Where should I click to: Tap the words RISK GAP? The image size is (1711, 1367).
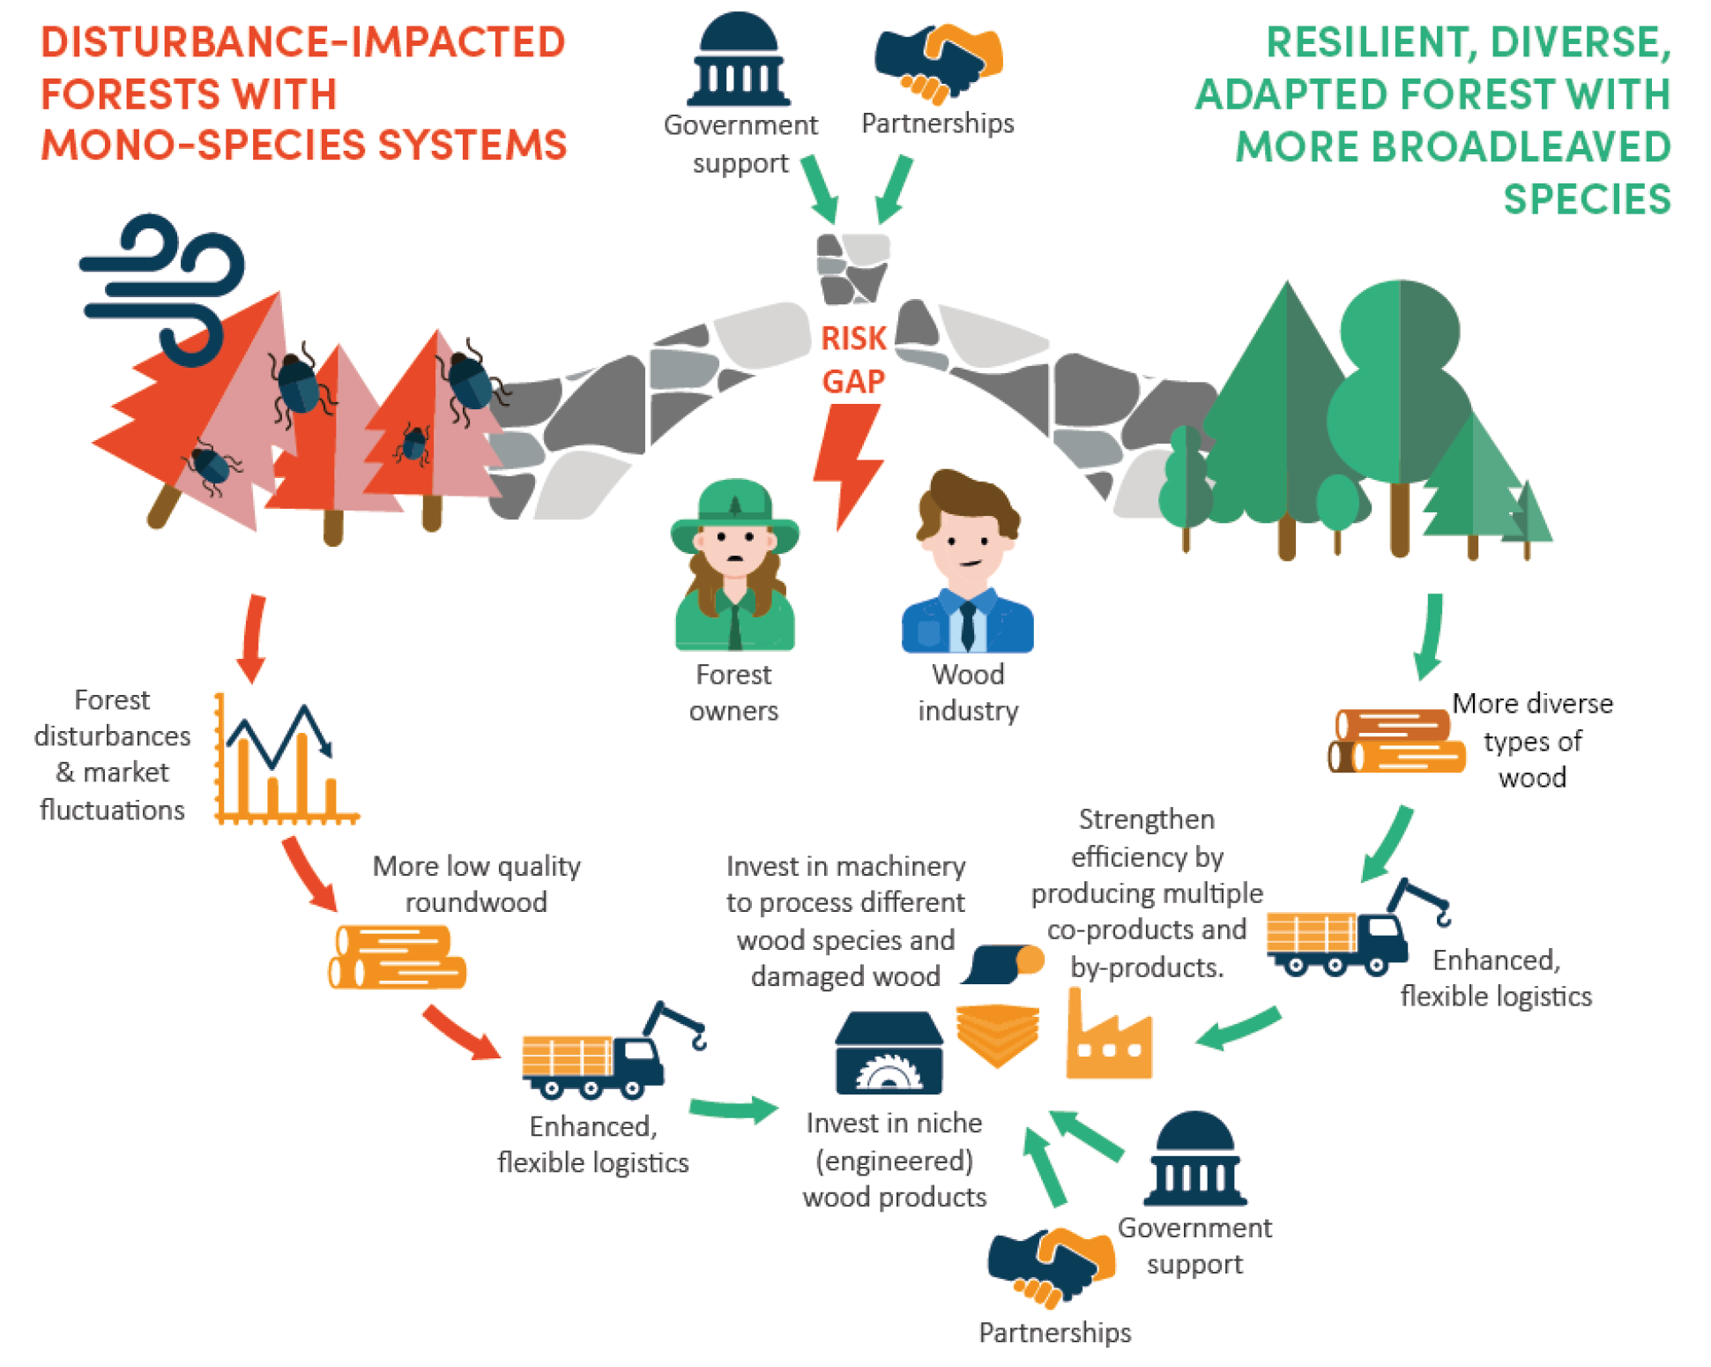pyautogui.click(x=852, y=360)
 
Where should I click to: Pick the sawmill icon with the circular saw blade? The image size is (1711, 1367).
pyautogui.click(x=889, y=1053)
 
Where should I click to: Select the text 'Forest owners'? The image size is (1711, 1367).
pyautogui.click(x=733, y=692)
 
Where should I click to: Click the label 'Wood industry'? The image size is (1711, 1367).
pyautogui.click(x=968, y=692)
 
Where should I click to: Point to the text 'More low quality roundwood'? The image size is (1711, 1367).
pyautogui.click(x=476, y=884)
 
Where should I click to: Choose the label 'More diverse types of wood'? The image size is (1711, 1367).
pyautogui.click(x=1532, y=740)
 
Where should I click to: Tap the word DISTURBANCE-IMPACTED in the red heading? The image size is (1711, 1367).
pyautogui.click(x=303, y=42)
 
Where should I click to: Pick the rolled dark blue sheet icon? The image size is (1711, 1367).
pyautogui.click(x=1002, y=963)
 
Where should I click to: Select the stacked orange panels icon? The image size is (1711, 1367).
pyautogui.click(x=997, y=1032)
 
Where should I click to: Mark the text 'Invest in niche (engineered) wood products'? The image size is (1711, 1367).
pyautogui.click(x=894, y=1160)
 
